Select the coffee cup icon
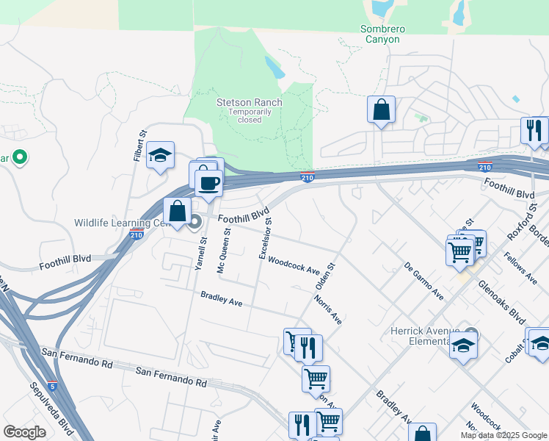pos(210,182)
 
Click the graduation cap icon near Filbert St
pos(160,155)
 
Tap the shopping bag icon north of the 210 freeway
pos(381,110)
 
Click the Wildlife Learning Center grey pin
pos(195,221)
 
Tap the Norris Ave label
pos(327,310)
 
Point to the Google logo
pos(24,431)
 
